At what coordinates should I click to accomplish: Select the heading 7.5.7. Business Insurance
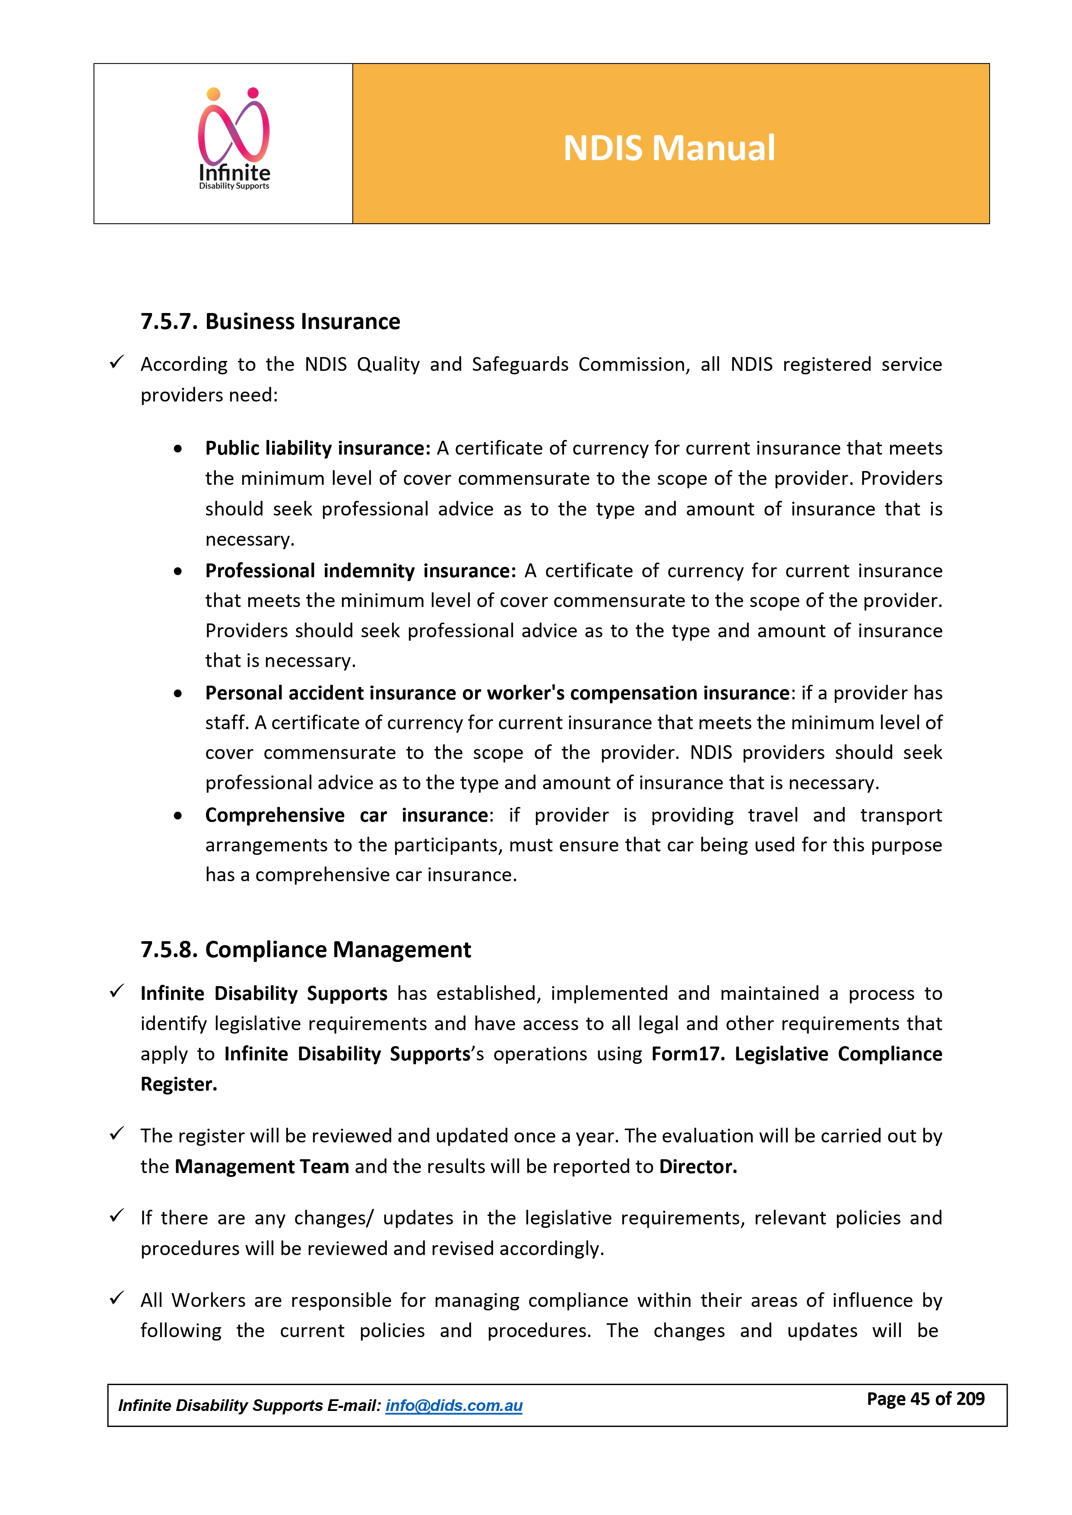(x=270, y=321)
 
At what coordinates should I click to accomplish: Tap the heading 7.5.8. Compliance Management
(x=306, y=949)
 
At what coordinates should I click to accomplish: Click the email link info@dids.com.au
(x=454, y=1405)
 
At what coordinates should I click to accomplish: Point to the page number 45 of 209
(x=926, y=1399)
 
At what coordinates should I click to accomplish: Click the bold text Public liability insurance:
(x=317, y=448)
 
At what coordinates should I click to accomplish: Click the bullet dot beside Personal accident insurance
(x=178, y=693)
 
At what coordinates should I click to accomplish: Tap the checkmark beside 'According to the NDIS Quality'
(x=117, y=362)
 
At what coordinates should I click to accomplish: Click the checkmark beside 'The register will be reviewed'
(x=117, y=1134)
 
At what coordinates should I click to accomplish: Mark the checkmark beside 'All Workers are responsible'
(x=117, y=1298)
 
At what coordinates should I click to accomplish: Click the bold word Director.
(x=698, y=1167)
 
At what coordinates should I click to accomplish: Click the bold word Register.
(x=178, y=1084)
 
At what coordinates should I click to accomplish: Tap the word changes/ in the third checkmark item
(x=333, y=1218)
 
